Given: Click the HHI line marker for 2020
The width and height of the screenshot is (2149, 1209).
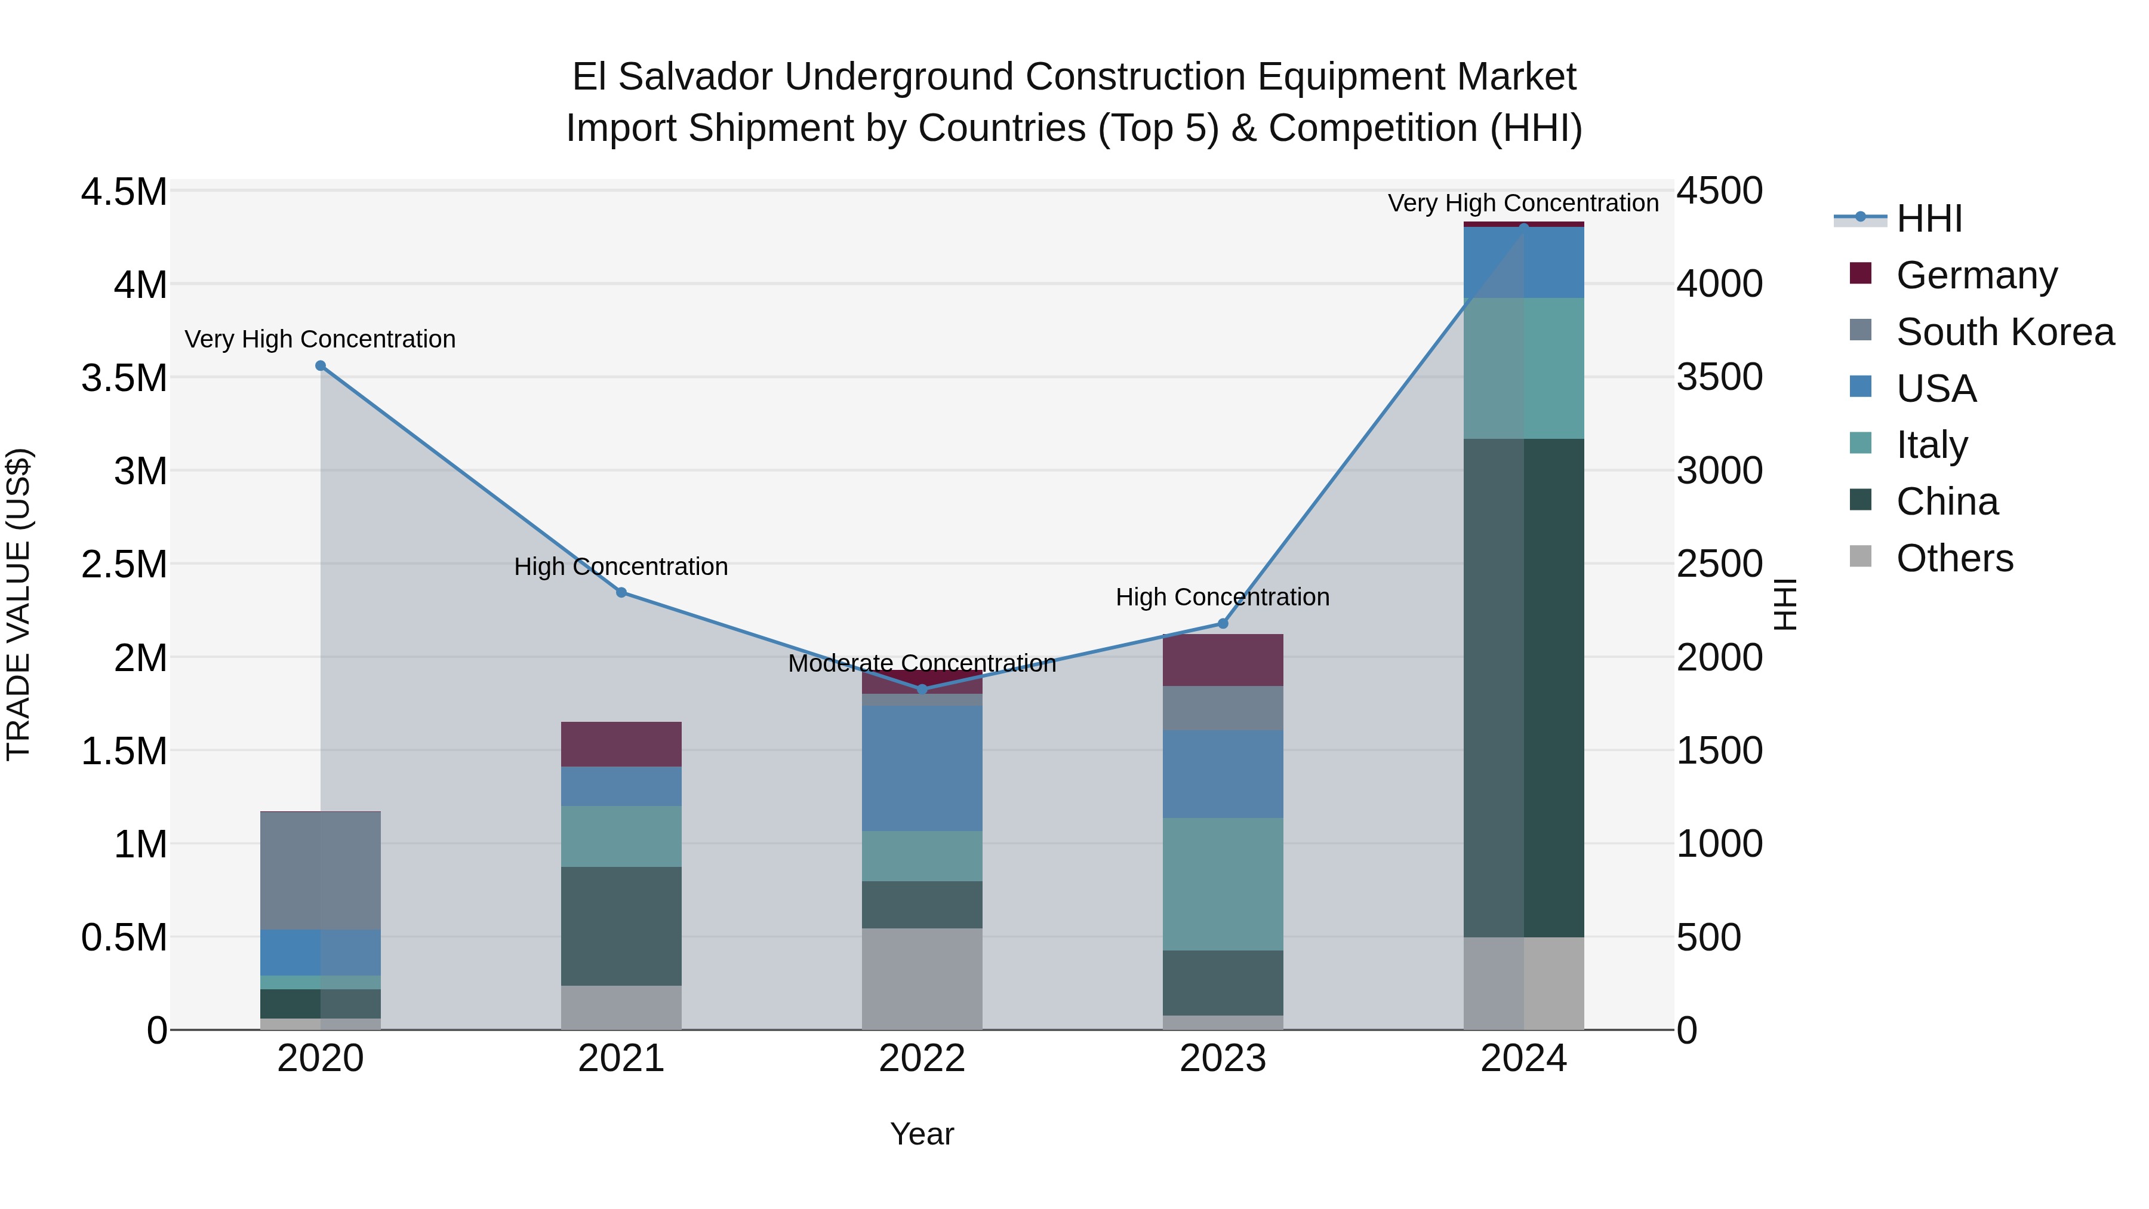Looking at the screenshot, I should click(321, 365).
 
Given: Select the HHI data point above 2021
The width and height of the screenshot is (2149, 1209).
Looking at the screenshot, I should click(621, 592).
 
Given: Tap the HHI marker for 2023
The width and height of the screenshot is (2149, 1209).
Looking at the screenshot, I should click(1223, 623).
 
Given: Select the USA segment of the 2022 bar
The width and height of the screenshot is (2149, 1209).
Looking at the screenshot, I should click(922, 768).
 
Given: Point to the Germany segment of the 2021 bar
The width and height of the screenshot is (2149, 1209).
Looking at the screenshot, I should click(621, 743).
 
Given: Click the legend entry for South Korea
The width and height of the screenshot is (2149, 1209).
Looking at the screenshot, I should click(2005, 332).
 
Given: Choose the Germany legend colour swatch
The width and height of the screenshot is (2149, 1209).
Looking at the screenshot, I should click(1860, 273).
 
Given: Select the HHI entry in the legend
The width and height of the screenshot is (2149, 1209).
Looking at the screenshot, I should click(1929, 219).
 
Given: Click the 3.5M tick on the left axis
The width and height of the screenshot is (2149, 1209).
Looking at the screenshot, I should click(124, 378).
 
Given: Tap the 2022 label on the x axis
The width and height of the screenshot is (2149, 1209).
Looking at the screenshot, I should click(922, 1059).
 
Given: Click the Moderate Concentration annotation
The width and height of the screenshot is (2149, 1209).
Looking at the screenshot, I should click(922, 663).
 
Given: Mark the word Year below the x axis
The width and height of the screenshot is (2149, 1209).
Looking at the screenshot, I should click(922, 1134).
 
